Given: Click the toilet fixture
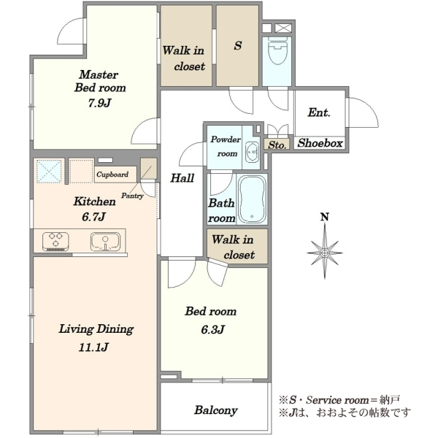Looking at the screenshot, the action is point(277,50).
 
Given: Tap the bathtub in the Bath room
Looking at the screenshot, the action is point(252,199).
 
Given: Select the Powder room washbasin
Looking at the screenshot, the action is point(253,152).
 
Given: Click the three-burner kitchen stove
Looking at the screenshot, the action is point(56,241).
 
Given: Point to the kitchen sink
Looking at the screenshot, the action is point(105,241).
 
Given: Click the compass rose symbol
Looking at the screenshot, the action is point(325,253).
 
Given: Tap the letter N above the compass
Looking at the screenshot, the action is point(325,217).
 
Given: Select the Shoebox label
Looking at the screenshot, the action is point(320,143).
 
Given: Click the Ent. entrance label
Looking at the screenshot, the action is point(319,112).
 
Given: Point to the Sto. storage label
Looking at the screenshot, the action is point(277,145).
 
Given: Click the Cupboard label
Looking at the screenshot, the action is point(112,174).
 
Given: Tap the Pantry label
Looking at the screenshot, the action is point(132,196).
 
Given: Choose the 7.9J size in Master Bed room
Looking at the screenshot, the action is point(100,104).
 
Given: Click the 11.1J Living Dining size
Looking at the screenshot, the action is point(93,347).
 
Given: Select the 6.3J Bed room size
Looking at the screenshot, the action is point(213,330).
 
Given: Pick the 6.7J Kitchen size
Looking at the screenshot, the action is point(93,217).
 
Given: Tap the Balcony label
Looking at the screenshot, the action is point(216,410).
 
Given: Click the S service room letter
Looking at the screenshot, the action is point(238,45).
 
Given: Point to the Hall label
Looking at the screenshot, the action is point(182,178).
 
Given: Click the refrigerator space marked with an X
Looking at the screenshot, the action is point(49,172).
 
